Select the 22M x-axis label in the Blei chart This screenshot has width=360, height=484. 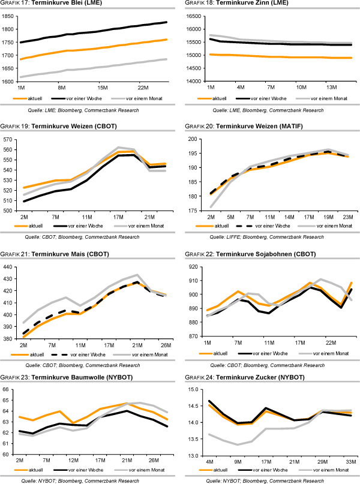coord(142,87)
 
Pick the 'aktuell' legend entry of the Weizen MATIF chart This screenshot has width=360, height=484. coord(218,226)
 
